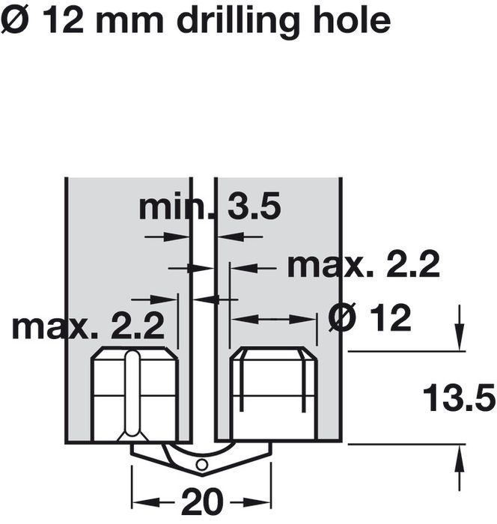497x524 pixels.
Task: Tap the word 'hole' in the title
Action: (352, 20)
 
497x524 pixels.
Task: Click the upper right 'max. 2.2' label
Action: (363, 265)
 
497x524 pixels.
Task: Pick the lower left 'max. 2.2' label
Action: (88, 326)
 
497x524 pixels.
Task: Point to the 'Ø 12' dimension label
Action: (370, 317)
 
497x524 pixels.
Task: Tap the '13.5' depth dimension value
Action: (459, 398)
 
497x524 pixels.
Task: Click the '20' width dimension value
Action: (202, 502)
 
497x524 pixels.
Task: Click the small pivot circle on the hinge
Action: (202, 465)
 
